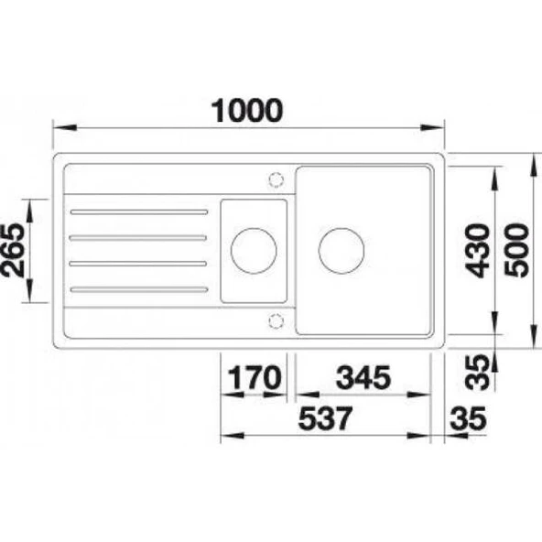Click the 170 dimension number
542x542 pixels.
250,377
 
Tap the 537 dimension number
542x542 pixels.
325,420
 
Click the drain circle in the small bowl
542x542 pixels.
253,250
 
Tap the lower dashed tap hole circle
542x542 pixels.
276,320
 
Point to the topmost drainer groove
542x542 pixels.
138,212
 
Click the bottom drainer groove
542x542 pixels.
138,290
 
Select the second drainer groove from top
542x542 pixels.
138,238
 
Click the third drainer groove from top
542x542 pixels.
138,264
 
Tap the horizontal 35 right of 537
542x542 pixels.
469,420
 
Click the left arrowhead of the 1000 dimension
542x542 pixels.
57,128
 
